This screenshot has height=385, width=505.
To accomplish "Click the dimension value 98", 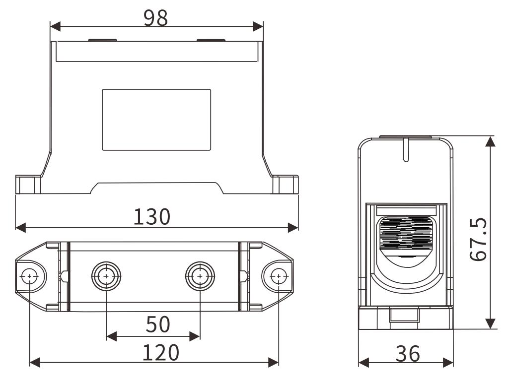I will coord(155,18).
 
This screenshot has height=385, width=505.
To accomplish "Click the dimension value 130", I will coord(151,217).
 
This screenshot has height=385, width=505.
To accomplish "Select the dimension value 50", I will coord(157,325).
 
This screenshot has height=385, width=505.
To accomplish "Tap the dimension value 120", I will coord(160,353).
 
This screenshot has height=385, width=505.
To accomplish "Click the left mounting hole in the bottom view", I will coord(30,275).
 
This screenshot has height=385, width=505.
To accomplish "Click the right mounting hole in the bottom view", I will coord(279,275).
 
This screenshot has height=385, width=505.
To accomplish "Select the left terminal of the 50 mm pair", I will coord(106,275).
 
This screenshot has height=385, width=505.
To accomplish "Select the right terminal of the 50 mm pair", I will coord(200,275).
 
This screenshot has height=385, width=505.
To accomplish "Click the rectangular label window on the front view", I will coord(156,120).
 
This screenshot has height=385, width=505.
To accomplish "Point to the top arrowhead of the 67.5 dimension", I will coord(490,141).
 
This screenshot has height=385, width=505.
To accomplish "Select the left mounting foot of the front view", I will coord(27,184).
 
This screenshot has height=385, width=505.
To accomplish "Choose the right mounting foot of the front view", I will coord(286,184).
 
